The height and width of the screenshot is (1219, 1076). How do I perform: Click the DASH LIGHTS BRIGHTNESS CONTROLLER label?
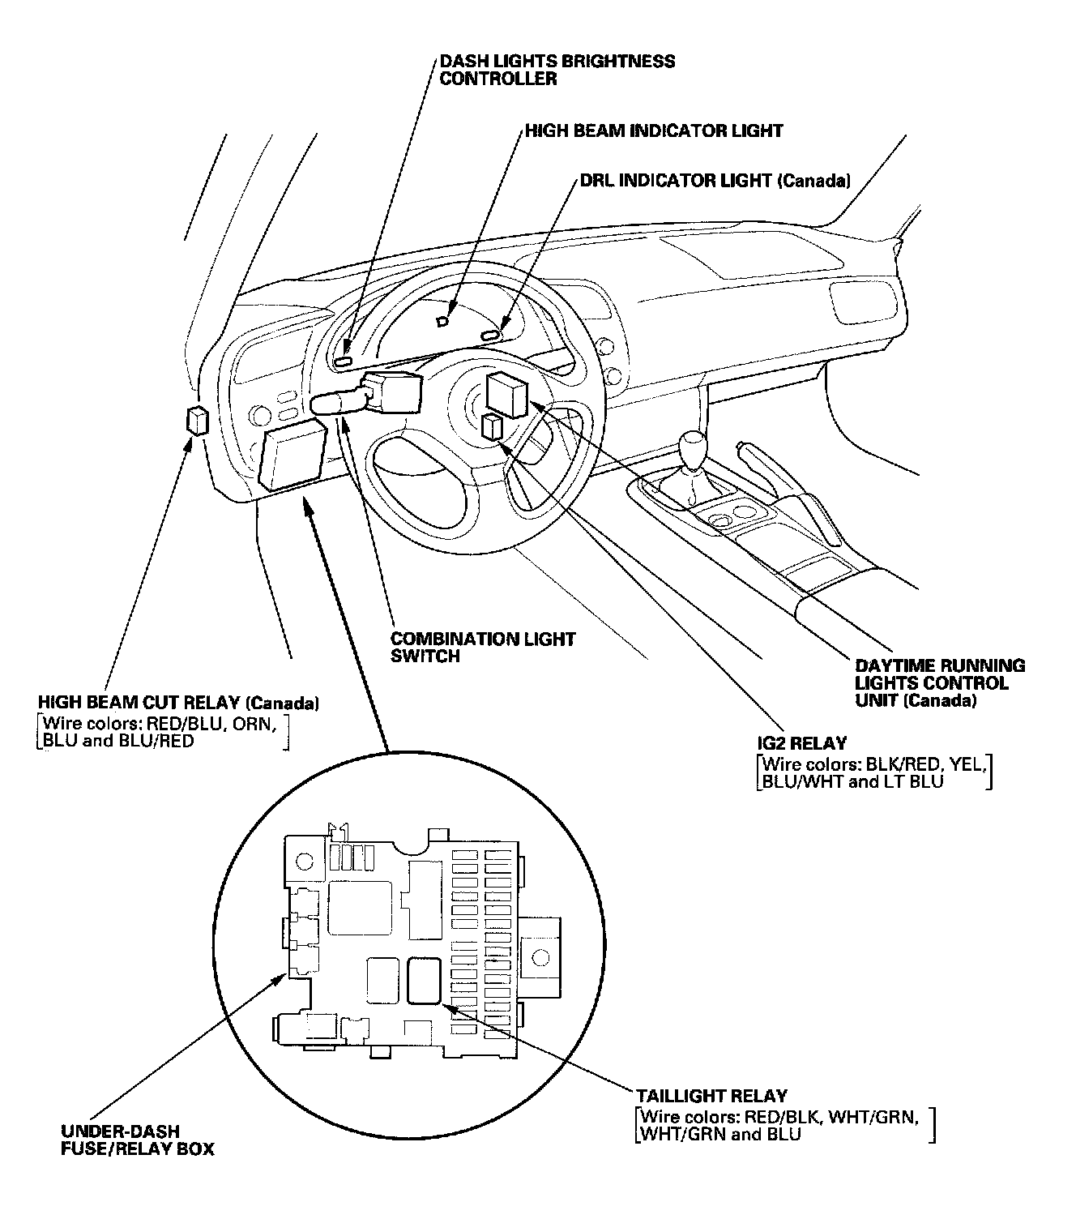[x=557, y=70]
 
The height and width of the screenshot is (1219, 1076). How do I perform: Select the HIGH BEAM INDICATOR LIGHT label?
[x=653, y=130]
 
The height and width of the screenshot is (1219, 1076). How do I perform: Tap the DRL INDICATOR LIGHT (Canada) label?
[x=715, y=181]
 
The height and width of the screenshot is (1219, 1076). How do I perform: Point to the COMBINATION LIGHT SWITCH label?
[x=482, y=648]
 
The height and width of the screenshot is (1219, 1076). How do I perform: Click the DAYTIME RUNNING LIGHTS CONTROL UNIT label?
[x=940, y=682]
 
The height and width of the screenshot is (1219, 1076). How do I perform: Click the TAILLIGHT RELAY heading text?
[x=711, y=1097]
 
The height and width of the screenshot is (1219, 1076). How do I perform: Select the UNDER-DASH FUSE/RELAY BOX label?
[x=137, y=1140]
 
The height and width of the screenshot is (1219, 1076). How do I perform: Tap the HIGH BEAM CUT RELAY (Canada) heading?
[x=177, y=703]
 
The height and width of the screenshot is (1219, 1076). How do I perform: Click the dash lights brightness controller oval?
[x=344, y=361]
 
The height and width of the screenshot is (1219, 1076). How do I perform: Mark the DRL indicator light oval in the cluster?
[x=491, y=335]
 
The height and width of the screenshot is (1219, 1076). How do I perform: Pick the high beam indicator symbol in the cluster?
[x=442, y=321]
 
